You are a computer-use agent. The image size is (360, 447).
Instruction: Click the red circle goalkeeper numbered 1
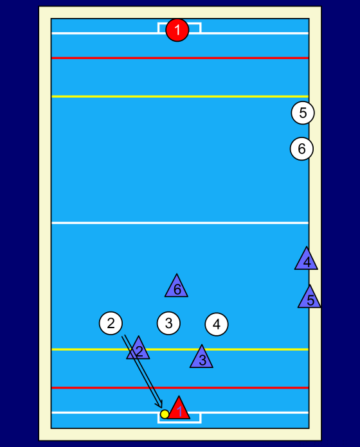[x=177, y=30]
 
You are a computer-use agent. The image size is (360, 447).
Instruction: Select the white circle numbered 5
[x=303, y=113]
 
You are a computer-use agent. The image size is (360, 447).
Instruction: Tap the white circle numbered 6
[x=301, y=149]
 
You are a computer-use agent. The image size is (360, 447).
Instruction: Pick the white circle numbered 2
[x=111, y=323]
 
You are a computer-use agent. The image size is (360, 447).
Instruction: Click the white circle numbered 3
[x=168, y=323]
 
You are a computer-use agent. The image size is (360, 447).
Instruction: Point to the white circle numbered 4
[x=217, y=324]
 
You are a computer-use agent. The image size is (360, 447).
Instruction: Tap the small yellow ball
[x=165, y=414]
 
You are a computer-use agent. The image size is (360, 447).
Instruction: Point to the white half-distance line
[x=180, y=223]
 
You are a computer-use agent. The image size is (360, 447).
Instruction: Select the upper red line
[x=180, y=58]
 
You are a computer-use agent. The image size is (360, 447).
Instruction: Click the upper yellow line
[x=180, y=96]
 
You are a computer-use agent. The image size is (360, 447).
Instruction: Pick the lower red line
[x=180, y=388]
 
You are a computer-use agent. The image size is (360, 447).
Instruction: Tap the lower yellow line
[x=180, y=349]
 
